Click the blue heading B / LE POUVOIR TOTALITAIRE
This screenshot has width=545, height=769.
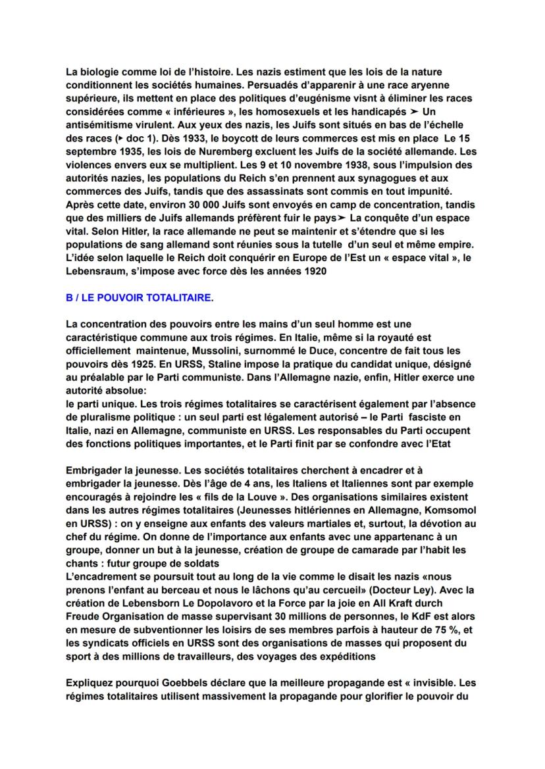[140, 298]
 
